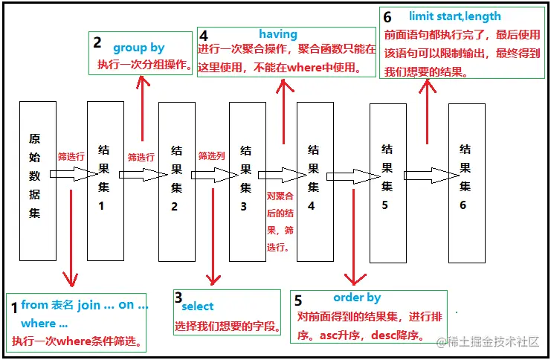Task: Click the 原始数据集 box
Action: [x=37, y=180]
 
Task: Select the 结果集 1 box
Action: [x=105, y=180]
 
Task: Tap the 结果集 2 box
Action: [x=177, y=180]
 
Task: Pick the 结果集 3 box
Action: [x=247, y=180]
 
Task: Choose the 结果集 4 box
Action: [x=315, y=180]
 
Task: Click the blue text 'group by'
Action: [x=138, y=48]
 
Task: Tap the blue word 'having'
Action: [x=278, y=34]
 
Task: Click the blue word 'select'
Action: [x=197, y=306]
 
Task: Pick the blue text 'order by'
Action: [x=357, y=298]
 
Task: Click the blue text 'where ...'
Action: [x=44, y=324]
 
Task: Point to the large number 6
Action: [x=387, y=17]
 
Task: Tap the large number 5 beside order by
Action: [x=299, y=301]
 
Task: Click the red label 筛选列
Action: [x=211, y=156]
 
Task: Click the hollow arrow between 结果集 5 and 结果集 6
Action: [x=425, y=176]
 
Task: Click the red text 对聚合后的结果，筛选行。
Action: [x=279, y=220]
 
